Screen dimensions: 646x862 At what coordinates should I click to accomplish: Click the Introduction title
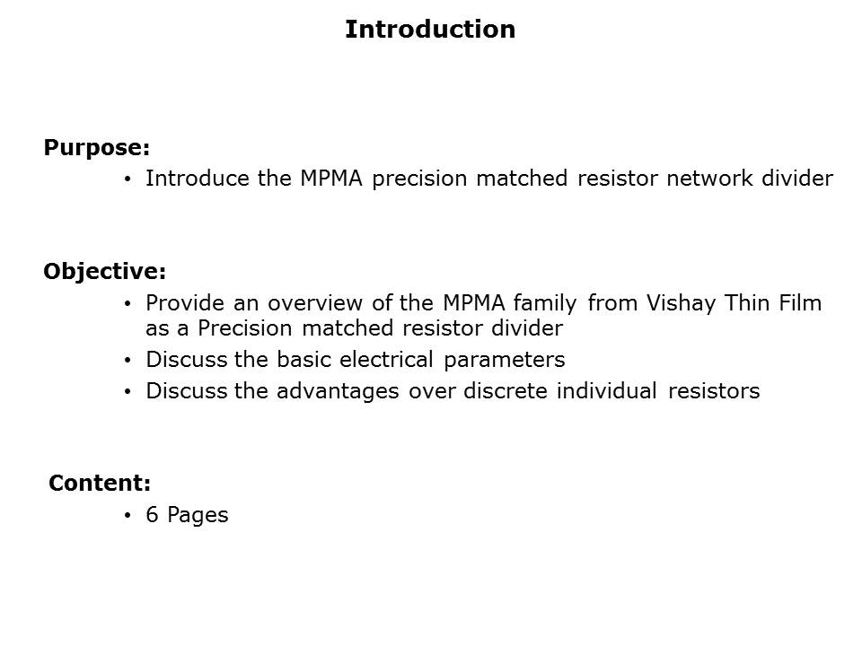pyautogui.click(x=430, y=30)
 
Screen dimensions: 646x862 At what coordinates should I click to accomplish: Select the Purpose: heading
pyautogui.click(x=96, y=147)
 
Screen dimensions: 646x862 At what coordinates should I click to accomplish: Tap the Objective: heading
pyautogui.click(x=104, y=271)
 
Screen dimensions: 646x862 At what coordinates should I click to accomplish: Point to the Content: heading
pyautogui.click(x=100, y=483)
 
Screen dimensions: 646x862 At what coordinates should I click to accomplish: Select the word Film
pyautogui.click(x=799, y=303)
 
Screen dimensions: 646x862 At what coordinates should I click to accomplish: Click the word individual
pyautogui.click(x=606, y=391)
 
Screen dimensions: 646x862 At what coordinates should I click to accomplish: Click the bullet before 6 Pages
pyautogui.click(x=128, y=515)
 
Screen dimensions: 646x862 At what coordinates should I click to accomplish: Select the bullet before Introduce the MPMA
pyautogui.click(x=128, y=179)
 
